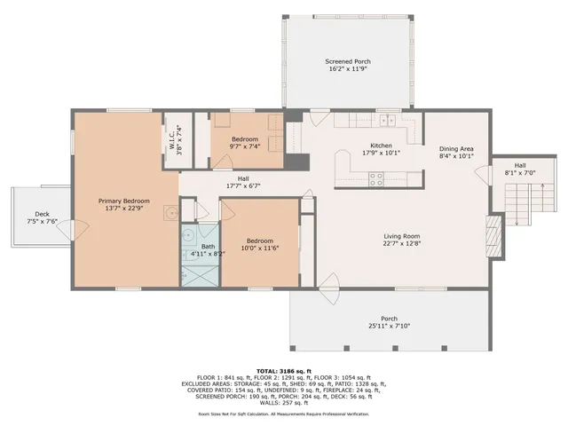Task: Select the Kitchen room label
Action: [x=381, y=146]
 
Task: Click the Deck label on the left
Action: [x=42, y=214]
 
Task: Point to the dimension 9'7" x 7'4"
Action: [x=245, y=147]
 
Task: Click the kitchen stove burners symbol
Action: [x=376, y=176]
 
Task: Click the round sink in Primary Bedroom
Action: [x=167, y=211]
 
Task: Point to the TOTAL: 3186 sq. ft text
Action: [x=284, y=371]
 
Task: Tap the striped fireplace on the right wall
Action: [x=495, y=233]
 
